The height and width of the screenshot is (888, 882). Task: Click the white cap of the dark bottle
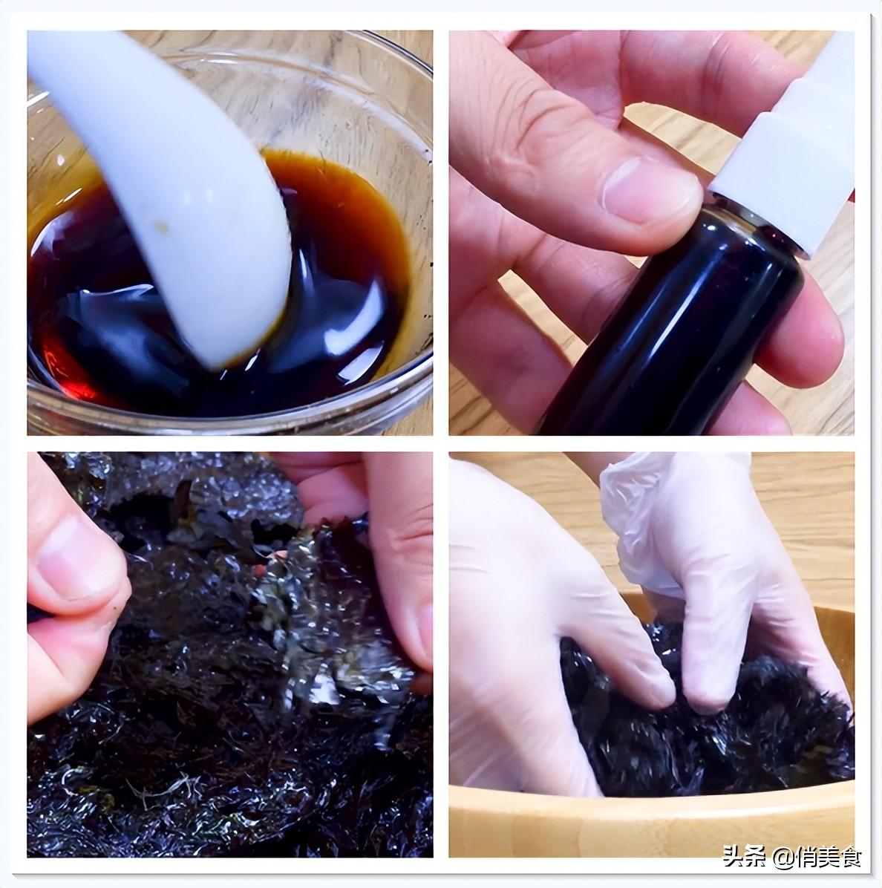(x=794, y=148)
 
